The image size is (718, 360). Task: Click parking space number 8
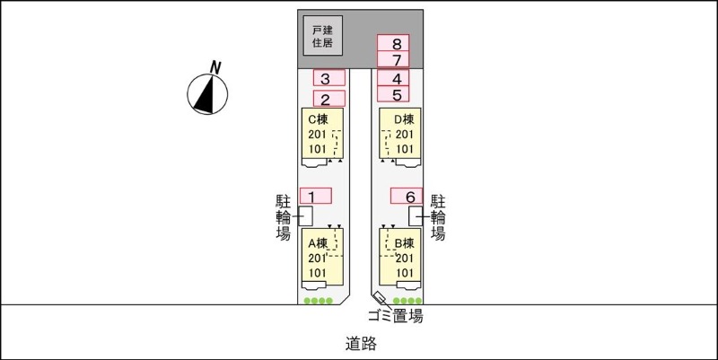(394, 43)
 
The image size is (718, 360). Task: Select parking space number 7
(394, 59)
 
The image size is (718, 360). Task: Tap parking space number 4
(394, 77)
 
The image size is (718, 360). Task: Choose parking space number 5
(394, 93)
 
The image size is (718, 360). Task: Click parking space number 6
(407, 196)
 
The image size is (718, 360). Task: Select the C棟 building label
(320, 119)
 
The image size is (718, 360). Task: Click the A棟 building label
(320, 242)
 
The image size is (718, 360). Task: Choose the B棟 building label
(403, 242)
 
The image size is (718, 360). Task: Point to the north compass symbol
(207, 93)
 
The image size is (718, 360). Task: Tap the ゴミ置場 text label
(396, 316)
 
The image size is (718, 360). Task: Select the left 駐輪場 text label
(283, 217)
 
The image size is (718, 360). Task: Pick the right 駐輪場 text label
(438, 217)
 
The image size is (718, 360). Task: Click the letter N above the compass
(215, 66)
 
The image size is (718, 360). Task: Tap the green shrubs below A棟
(318, 301)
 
